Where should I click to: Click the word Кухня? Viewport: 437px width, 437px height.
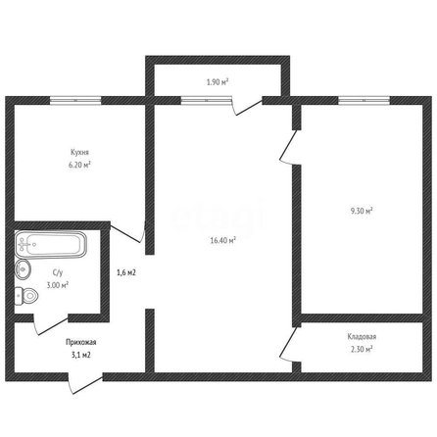(79, 152)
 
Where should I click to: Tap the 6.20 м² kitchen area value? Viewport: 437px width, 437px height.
(79, 165)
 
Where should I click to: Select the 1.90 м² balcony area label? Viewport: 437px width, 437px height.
(218, 82)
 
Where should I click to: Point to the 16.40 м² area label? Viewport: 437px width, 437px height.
(223, 241)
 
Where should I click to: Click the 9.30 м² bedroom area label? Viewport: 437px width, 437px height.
(362, 211)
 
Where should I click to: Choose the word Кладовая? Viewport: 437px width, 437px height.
(362, 337)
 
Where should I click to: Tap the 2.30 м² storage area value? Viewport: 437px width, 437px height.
(362, 349)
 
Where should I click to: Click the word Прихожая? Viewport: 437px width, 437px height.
(81, 342)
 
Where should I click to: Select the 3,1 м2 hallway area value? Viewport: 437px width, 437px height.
(81, 355)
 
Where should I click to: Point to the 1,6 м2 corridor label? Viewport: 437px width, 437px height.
(126, 272)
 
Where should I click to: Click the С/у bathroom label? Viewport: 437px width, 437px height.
(58, 272)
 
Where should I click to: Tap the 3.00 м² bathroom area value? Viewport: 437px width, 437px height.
(58, 285)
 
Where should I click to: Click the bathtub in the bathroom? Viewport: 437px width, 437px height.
(51, 245)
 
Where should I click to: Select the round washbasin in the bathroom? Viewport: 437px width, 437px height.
(23, 269)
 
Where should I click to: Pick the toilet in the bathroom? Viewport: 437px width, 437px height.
(26, 296)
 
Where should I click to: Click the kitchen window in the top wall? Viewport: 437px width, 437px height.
(75, 101)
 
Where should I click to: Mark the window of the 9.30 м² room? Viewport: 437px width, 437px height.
(364, 101)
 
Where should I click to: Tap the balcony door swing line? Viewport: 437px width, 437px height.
(249, 108)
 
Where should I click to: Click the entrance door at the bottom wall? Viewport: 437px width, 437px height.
(85, 384)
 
